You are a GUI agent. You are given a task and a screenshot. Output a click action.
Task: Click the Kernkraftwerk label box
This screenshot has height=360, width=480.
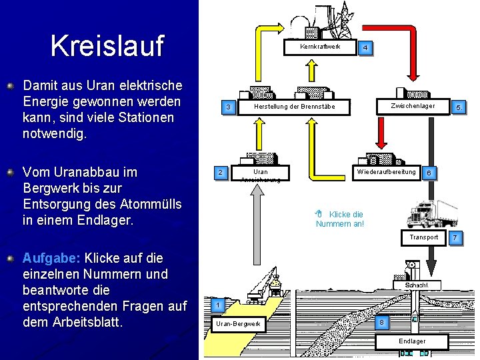(x=320, y=47)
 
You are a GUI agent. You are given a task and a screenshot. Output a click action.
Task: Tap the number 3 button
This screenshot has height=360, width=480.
(x=228, y=107)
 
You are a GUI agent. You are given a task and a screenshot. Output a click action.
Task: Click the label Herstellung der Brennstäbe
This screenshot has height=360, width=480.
(x=294, y=107)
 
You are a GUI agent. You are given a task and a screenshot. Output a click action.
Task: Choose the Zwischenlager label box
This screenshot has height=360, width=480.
(x=413, y=106)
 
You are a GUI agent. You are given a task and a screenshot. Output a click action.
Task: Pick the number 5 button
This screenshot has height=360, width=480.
(x=458, y=107)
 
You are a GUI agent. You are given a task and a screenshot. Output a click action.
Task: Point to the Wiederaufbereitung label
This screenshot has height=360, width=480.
(x=386, y=172)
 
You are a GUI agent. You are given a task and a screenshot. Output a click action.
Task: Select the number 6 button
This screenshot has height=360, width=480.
(x=430, y=173)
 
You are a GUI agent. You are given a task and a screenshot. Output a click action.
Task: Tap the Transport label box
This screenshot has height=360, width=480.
(x=424, y=237)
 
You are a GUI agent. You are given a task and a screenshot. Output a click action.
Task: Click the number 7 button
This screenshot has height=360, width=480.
(x=455, y=237)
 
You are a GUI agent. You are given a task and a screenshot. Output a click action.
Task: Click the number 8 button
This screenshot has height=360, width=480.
(x=381, y=322)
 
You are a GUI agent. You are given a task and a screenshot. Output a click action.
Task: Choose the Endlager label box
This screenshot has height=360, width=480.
(x=411, y=341)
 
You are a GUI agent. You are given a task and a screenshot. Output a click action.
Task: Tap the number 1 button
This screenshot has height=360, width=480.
(x=217, y=305)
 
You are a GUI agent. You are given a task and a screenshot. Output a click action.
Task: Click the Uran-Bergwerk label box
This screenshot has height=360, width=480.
(x=238, y=325)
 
